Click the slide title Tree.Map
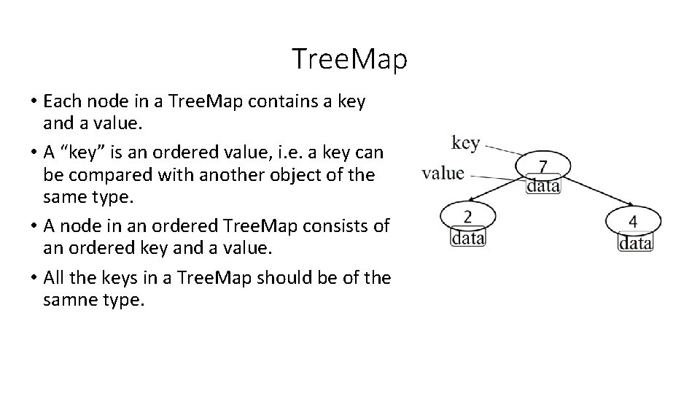point(349,59)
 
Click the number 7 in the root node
point(543,167)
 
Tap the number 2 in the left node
point(467,216)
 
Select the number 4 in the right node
point(634,220)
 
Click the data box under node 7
point(543,185)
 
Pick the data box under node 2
point(467,237)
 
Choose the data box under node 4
point(635,242)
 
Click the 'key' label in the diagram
point(466,142)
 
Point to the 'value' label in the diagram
point(443,173)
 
